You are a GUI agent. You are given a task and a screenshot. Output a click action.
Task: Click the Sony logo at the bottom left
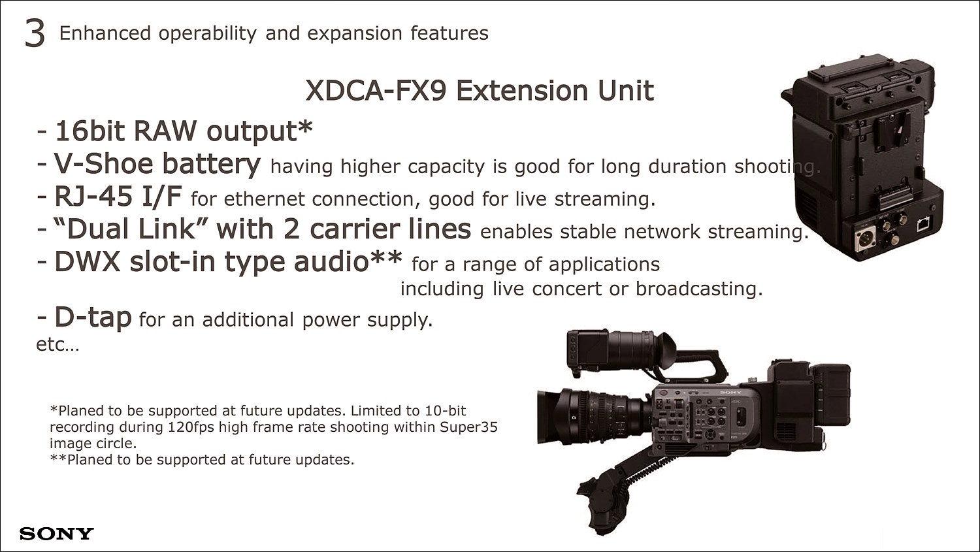56,534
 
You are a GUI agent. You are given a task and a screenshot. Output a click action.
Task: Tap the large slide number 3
35,33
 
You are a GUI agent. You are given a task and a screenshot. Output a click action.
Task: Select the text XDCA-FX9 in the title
376,91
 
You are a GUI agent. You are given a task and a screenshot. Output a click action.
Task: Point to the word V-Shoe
103,163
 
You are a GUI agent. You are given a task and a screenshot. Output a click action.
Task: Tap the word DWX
87,261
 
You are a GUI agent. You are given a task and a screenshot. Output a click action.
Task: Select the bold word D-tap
93,317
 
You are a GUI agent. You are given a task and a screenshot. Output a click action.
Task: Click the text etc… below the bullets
57,345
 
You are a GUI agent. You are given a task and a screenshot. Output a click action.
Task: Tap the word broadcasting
699,289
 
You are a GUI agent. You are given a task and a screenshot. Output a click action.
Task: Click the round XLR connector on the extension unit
865,239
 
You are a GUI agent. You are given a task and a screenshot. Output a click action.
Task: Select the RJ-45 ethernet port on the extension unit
924,224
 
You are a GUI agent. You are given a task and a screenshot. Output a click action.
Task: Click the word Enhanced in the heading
105,33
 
